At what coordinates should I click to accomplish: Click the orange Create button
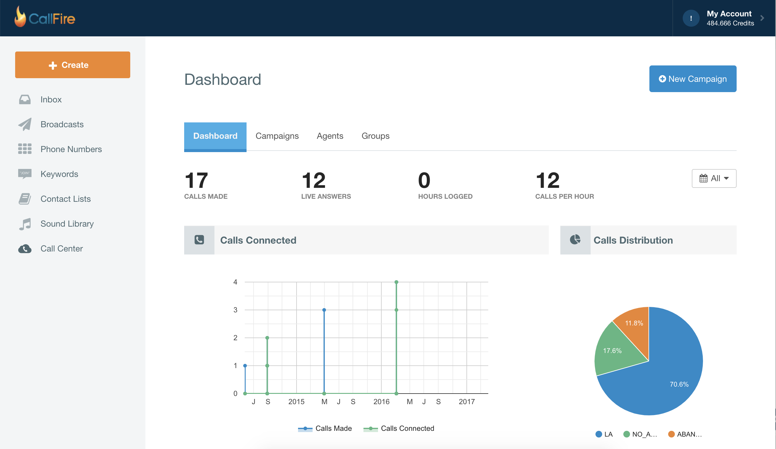tap(72, 65)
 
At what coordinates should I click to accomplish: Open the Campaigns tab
tap(277, 136)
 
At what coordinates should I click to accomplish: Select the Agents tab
tap(330, 136)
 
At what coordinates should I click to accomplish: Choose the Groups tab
tap(375, 136)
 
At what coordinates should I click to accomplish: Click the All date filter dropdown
tap(714, 178)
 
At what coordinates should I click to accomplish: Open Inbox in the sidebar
tap(51, 99)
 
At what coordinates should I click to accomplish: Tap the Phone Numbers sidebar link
tap(71, 149)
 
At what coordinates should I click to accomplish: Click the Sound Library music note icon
tap(25, 224)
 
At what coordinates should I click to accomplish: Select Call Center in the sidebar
tap(61, 248)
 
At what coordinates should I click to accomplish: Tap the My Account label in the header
tap(728, 14)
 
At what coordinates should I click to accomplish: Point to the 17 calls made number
tap(196, 181)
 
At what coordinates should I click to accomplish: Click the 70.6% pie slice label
tap(679, 384)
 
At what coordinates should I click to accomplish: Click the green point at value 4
tap(396, 282)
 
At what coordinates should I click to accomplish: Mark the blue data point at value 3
tap(324, 310)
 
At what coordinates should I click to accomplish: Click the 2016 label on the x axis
tap(381, 401)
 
